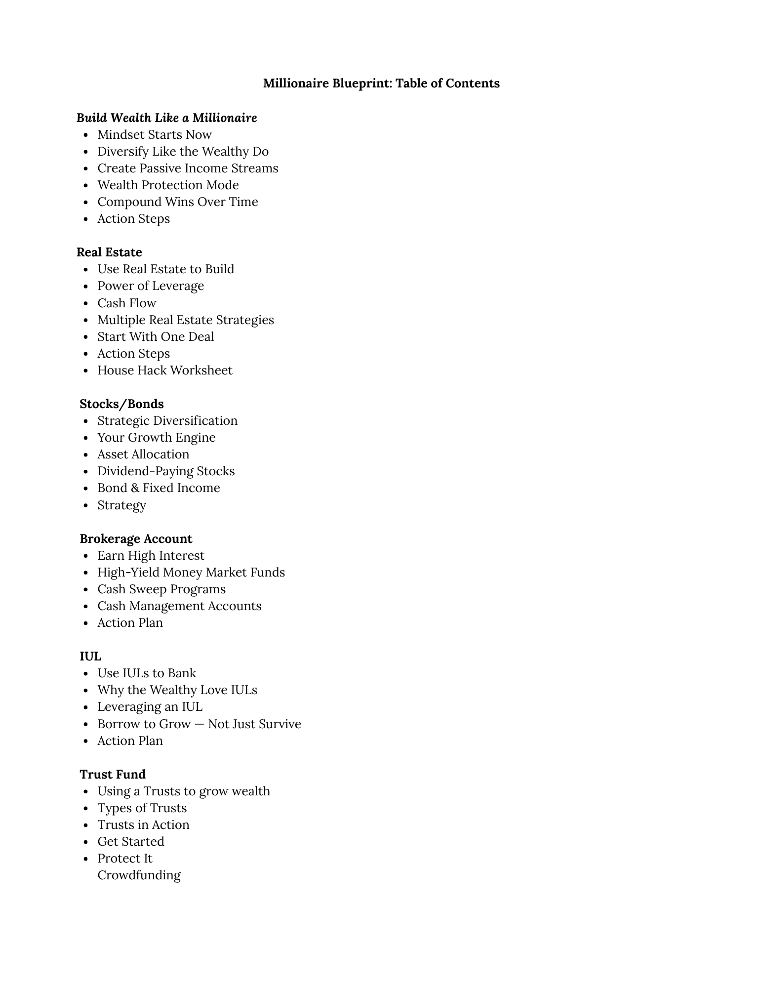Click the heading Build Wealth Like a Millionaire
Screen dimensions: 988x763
coord(166,118)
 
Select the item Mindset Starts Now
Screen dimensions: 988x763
coord(154,135)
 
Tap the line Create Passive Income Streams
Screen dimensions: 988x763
coord(188,168)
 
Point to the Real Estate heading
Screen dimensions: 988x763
coord(109,252)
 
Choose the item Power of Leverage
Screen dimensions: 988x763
coord(150,286)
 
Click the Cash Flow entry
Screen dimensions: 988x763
coord(126,303)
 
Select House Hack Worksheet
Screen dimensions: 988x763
coord(164,370)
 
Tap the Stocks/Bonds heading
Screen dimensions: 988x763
coord(121,404)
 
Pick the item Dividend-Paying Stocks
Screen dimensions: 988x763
coord(166,471)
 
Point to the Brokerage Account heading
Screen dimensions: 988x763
coord(136,539)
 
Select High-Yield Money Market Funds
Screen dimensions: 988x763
coord(191,573)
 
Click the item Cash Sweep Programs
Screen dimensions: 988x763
coord(161,589)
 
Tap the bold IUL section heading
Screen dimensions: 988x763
coord(90,657)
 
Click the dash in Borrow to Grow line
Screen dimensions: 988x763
coord(199,724)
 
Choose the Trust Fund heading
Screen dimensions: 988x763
coord(113,775)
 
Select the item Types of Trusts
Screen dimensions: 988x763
coord(142,808)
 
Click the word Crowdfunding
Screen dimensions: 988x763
coord(139,875)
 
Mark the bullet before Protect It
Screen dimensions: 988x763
coord(86,859)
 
